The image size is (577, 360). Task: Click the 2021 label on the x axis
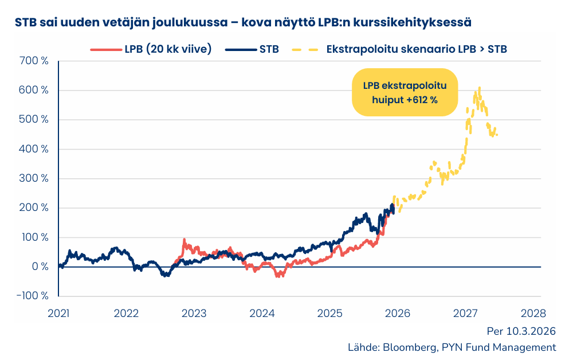click(58, 314)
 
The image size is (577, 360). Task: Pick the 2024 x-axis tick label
click(262, 314)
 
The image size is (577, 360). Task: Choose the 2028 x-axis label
click(533, 314)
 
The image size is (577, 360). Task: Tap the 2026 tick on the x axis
click(398, 314)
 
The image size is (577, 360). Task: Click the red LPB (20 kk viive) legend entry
click(151, 49)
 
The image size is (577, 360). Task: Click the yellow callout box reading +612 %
click(405, 92)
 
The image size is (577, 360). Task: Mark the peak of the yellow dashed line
click(479, 88)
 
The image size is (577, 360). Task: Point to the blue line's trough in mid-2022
click(165, 276)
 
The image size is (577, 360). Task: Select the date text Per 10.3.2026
click(521, 331)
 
